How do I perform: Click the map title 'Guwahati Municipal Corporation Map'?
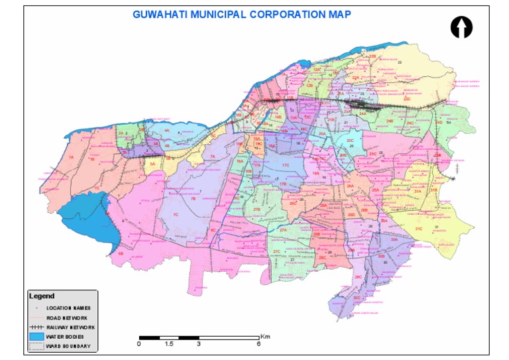pos(242,14)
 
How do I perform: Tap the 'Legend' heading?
pos(41,296)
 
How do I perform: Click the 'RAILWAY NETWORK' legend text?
pos(71,328)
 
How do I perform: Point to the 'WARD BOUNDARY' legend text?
pos(67,346)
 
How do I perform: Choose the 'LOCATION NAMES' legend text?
pos(68,308)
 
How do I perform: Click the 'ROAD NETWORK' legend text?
pos(67,318)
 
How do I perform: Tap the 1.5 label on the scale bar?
pos(168,344)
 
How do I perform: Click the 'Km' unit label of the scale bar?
pos(265,336)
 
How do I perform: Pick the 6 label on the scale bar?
pos(258,344)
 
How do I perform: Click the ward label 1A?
pos(70,157)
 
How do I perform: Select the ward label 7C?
pos(176,215)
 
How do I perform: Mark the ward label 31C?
pos(418,228)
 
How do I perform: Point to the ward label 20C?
pos(350,141)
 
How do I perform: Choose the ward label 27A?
pos(283,229)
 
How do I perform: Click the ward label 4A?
pos(167,131)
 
